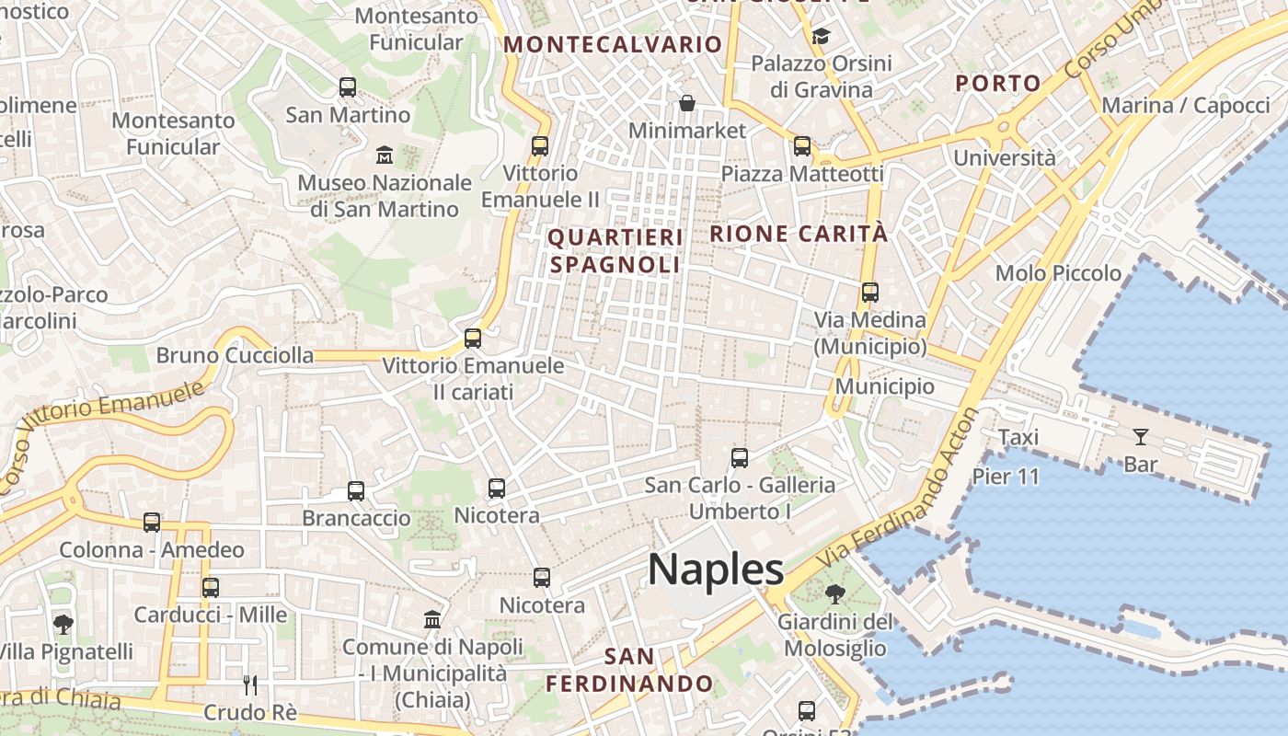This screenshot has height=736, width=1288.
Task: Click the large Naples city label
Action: coord(716,569)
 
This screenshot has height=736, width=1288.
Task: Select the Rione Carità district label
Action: coord(799,234)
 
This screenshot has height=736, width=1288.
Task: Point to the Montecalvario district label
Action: coord(613,44)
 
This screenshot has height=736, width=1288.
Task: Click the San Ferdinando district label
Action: coord(630,670)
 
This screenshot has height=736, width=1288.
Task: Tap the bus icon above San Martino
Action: coord(348,87)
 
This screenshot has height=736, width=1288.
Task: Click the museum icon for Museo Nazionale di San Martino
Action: coord(385,155)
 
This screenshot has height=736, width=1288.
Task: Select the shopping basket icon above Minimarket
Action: coord(687,102)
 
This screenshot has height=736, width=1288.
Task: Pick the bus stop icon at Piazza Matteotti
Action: coord(802,145)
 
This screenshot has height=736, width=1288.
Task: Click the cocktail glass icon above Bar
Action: coord(1141,436)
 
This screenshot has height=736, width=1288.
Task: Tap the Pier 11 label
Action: coord(1006,476)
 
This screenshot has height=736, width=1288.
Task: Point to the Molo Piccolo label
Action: coord(1058,273)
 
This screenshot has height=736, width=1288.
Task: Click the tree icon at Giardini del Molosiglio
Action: coord(835,594)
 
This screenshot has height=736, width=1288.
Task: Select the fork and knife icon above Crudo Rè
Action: coord(249,684)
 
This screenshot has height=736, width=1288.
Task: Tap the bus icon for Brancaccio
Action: coord(356,490)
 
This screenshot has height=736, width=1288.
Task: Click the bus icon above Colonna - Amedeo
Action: coord(152,523)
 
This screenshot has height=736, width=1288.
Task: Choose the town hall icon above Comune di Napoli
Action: coord(432,619)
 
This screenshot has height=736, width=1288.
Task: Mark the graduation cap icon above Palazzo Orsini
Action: coord(821,36)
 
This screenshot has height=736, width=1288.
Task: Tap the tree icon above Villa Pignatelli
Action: coord(63,625)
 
